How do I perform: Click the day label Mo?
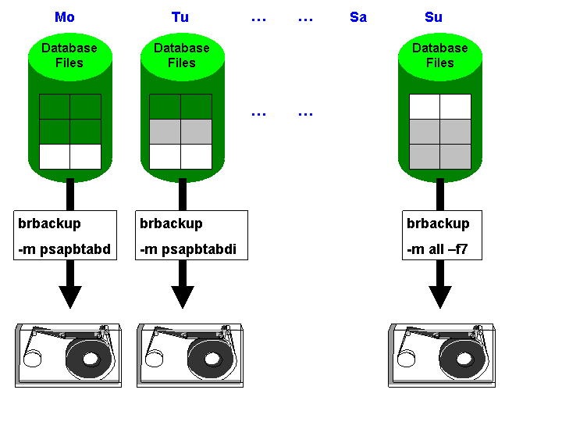pos(65,17)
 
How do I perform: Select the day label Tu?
pos(180,17)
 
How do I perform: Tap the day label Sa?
pos(358,17)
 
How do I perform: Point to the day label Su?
pos(433,17)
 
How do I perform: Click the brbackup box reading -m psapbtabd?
pos(66,235)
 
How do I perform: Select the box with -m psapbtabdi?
pos(191,235)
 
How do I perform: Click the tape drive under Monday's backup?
pos(69,356)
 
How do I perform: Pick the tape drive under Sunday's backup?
pos(442,356)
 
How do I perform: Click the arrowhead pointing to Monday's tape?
pos(70,296)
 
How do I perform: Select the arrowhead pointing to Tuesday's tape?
pos(183,296)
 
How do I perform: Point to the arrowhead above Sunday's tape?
pos(440,296)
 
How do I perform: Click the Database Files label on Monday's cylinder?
pos(69,55)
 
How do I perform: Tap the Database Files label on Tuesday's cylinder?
pos(182,55)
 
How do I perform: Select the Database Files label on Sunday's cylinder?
pos(440,55)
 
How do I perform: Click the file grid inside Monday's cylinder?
pos(70,131)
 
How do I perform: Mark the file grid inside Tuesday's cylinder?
pos(180,131)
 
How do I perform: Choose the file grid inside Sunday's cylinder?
pos(440,131)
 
